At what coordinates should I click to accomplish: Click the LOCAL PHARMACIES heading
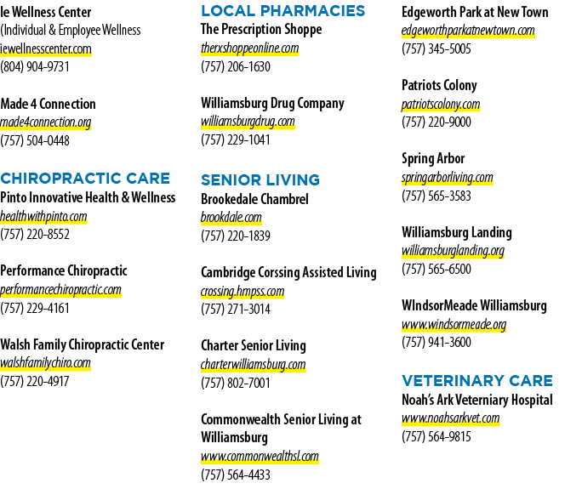[x=282, y=11]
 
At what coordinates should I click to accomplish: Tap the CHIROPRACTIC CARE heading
[x=85, y=179]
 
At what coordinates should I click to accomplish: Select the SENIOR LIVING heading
[x=260, y=180]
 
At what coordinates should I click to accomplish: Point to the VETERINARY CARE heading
[x=477, y=381]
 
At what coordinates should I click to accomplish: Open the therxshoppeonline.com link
[x=250, y=48]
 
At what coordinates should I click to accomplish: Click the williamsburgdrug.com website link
[x=248, y=122]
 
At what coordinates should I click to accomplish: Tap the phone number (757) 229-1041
[x=236, y=139]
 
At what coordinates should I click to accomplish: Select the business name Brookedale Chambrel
[x=254, y=199]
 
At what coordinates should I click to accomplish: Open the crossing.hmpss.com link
[x=242, y=291]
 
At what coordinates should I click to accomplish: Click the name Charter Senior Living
[x=254, y=345]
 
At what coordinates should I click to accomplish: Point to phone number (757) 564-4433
[x=236, y=475]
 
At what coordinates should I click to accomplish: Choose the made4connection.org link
[x=46, y=122]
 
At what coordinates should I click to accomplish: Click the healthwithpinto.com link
[x=43, y=216]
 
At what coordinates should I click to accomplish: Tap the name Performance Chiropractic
[x=64, y=270]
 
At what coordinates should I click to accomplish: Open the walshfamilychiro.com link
[x=45, y=362]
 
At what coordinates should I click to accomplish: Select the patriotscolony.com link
[x=441, y=104]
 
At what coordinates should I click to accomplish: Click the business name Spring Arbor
[x=433, y=158]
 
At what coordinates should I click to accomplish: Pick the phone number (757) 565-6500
[x=436, y=269]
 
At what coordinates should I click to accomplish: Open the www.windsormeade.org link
[x=454, y=325]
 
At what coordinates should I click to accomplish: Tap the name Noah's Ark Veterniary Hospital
[x=477, y=400]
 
